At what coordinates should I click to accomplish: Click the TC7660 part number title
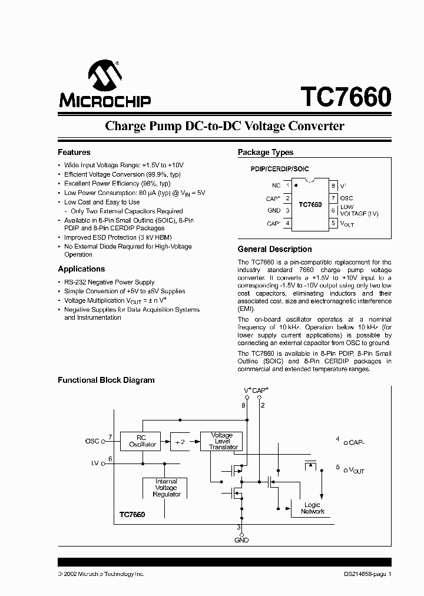[x=346, y=97]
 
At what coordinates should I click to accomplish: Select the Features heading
[x=74, y=152]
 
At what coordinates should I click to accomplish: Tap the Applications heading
[x=81, y=269]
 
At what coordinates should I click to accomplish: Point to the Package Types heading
[x=265, y=153]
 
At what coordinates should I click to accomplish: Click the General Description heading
[x=274, y=249]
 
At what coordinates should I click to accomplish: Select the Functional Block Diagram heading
[x=106, y=380]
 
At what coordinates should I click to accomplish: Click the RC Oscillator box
[x=142, y=441]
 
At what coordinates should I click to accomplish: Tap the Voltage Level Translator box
[x=221, y=441]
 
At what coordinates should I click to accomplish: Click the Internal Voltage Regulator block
[x=166, y=488]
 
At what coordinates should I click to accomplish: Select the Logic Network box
[x=312, y=508]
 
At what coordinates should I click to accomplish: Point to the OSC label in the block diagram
[x=92, y=441]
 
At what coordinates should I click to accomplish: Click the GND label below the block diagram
[x=241, y=540]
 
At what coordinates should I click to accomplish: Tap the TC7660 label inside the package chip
[x=310, y=205]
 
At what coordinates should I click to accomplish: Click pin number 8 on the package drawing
[x=333, y=186]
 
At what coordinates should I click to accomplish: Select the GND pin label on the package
[x=274, y=210]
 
